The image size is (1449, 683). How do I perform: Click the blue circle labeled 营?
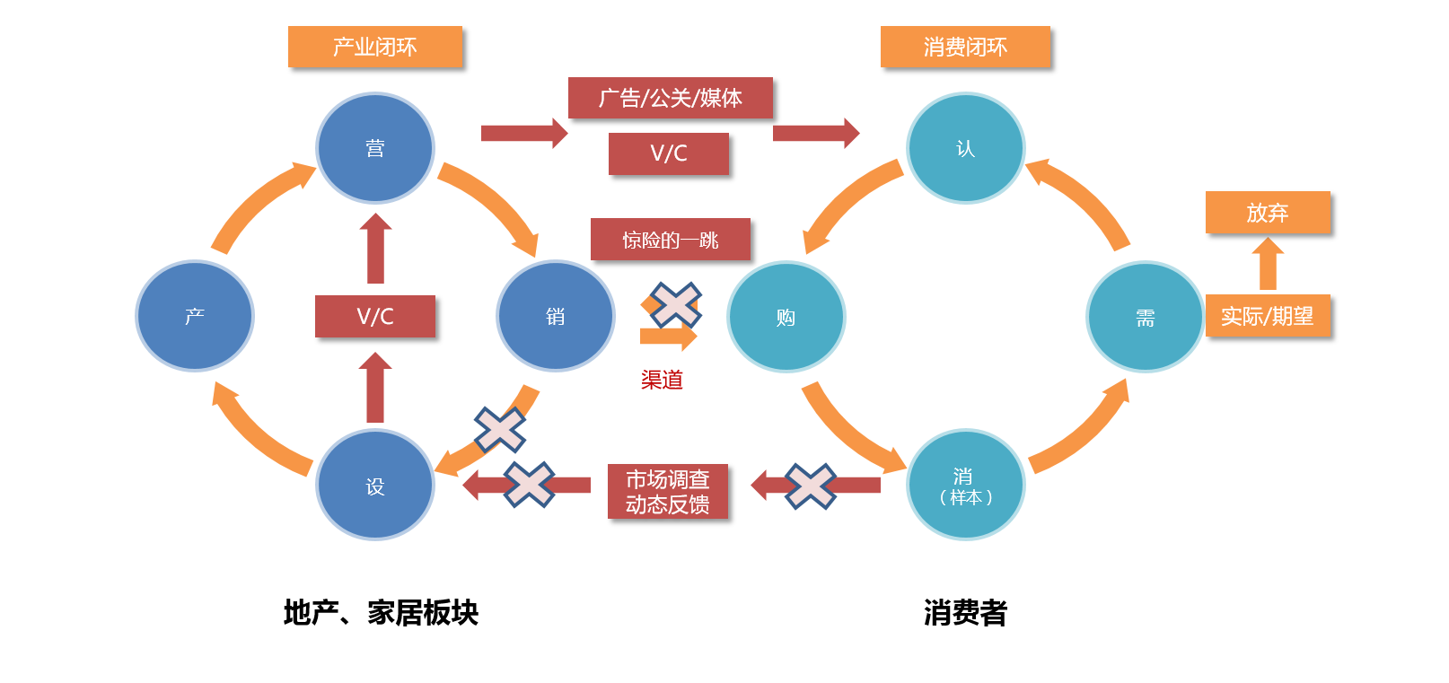point(375,148)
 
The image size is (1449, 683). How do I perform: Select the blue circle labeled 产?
point(195,316)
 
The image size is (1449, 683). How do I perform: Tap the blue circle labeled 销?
point(556,316)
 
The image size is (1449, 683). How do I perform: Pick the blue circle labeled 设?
point(375,485)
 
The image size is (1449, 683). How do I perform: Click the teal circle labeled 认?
point(966,148)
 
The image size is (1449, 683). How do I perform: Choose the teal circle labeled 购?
point(786,317)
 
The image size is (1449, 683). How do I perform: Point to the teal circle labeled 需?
point(1145,317)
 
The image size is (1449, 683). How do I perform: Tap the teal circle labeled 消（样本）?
point(966,485)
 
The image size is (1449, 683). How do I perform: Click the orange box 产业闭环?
point(375,47)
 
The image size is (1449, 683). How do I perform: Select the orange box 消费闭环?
point(965,47)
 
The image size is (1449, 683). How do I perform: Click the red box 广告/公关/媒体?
point(670,98)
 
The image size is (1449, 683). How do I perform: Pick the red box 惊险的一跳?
point(670,240)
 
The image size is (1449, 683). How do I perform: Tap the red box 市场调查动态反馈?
point(668,492)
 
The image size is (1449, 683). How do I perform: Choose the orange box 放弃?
point(1268,212)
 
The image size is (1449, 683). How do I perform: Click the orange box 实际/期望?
point(1268,316)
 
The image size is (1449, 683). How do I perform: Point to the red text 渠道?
point(662,380)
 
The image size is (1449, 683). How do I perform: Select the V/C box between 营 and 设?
point(375,316)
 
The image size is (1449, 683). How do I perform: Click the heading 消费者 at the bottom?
point(965,612)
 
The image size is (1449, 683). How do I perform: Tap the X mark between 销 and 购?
point(675,304)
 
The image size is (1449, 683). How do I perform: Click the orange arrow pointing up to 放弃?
point(1268,263)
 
